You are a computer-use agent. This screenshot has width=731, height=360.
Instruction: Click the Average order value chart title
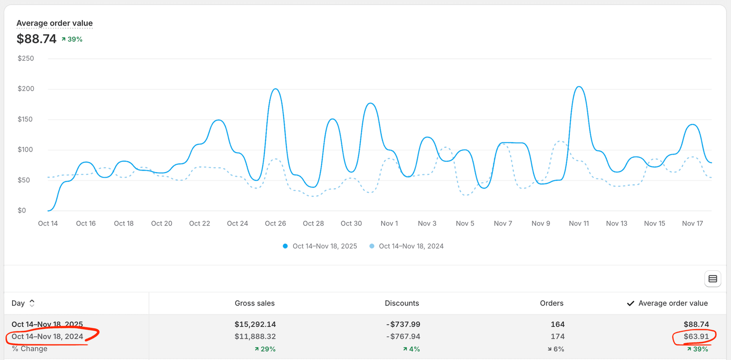[54, 23]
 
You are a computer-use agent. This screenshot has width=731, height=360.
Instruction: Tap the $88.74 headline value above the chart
[37, 39]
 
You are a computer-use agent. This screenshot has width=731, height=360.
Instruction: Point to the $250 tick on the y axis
[26, 58]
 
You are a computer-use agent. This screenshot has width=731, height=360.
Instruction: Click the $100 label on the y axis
[25, 149]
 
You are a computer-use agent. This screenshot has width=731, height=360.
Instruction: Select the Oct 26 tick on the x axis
[275, 223]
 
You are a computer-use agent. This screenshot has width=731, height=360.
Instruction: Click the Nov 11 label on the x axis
[579, 223]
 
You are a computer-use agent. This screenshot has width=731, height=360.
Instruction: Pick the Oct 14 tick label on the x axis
[48, 223]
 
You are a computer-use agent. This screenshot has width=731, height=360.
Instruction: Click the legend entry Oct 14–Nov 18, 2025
[324, 246]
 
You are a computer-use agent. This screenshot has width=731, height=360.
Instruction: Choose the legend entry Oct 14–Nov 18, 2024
[411, 246]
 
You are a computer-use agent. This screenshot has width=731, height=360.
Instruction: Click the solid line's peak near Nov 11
[579, 87]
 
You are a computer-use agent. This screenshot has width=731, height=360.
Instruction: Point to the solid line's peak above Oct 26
[276, 89]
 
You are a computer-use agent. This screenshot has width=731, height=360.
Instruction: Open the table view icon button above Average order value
[712, 279]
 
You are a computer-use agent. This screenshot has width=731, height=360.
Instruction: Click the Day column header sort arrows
[32, 303]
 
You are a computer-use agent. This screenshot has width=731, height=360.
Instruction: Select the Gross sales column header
[254, 303]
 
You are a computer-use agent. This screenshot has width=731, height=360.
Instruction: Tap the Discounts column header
[402, 303]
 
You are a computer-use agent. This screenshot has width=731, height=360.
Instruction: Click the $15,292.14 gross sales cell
[255, 324]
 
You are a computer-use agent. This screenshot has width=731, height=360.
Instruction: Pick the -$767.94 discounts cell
[403, 336]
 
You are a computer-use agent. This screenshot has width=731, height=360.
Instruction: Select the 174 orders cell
[557, 336]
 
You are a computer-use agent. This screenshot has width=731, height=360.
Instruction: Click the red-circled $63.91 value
[696, 336]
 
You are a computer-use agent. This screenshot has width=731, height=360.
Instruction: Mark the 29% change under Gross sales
[265, 349]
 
